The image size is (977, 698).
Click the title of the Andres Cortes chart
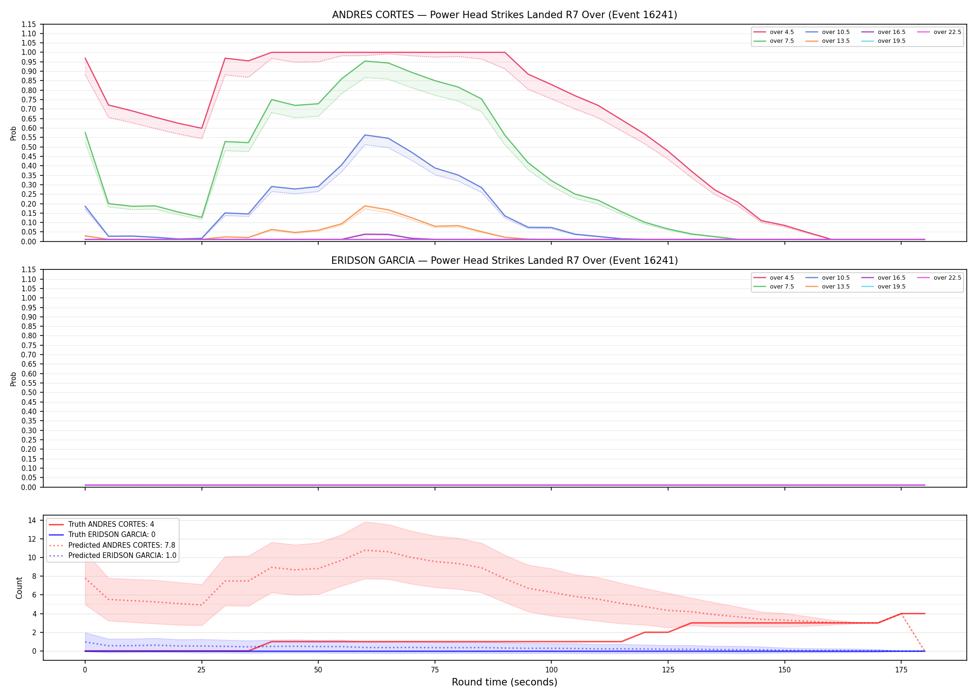click(x=504, y=15)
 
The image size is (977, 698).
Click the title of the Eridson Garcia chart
click(x=504, y=261)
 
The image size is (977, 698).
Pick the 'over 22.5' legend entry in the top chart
click(x=939, y=32)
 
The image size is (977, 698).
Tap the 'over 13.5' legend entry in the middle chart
click(x=828, y=287)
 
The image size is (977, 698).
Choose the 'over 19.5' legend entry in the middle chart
click(x=883, y=287)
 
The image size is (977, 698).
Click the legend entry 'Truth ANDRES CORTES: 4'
click(x=101, y=524)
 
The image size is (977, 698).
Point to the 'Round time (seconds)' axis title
click(x=504, y=682)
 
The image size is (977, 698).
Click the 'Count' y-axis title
click(x=19, y=588)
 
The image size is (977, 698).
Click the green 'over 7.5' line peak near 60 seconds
click(x=365, y=61)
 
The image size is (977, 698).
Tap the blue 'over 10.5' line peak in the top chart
click(x=365, y=135)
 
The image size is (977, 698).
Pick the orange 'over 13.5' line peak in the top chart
click(x=365, y=206)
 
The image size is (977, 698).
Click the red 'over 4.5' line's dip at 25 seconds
click(x=201, y=128)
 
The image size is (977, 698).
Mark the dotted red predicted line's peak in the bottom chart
click(x=365, y=550)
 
